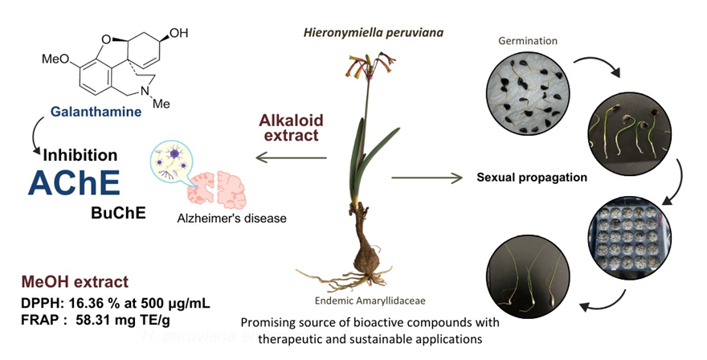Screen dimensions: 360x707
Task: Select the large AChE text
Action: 75,184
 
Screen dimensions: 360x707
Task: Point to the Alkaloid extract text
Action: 290,128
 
